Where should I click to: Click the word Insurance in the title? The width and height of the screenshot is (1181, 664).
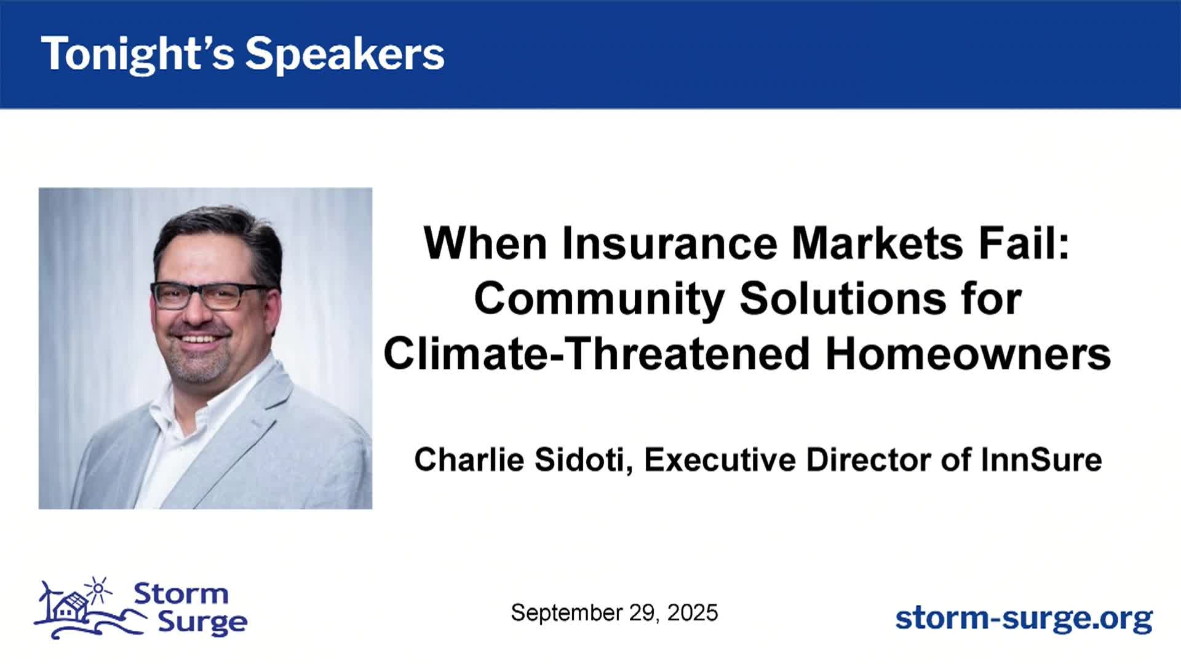pos(670,243)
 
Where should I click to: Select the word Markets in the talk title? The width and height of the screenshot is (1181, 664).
pos(877,243)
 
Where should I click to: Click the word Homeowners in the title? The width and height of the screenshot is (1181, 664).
pos(968,354)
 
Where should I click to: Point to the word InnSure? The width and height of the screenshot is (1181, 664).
pos(1041,459)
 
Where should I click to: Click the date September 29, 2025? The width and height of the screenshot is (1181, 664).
pos(614,613)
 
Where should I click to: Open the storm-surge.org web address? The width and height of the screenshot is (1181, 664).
pos(1024,619)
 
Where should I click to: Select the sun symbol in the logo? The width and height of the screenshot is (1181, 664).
pos(98,589)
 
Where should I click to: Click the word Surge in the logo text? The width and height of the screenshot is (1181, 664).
pos(202,623)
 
